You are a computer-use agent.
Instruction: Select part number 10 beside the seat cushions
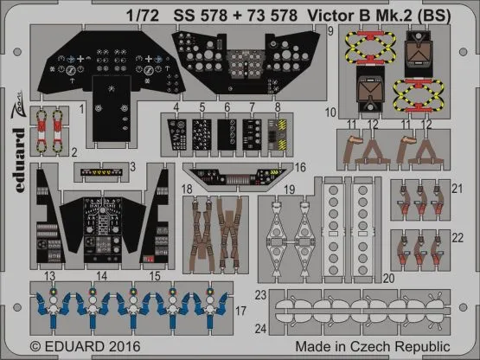click(331, 112)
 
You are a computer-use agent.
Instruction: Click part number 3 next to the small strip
click(131, 165)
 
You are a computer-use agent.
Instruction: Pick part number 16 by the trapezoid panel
click(301, 167)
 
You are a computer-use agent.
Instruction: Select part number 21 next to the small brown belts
click(458, 189)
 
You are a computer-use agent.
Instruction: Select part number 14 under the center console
click(102, 276)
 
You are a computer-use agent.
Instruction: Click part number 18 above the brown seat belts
click(188, 187)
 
